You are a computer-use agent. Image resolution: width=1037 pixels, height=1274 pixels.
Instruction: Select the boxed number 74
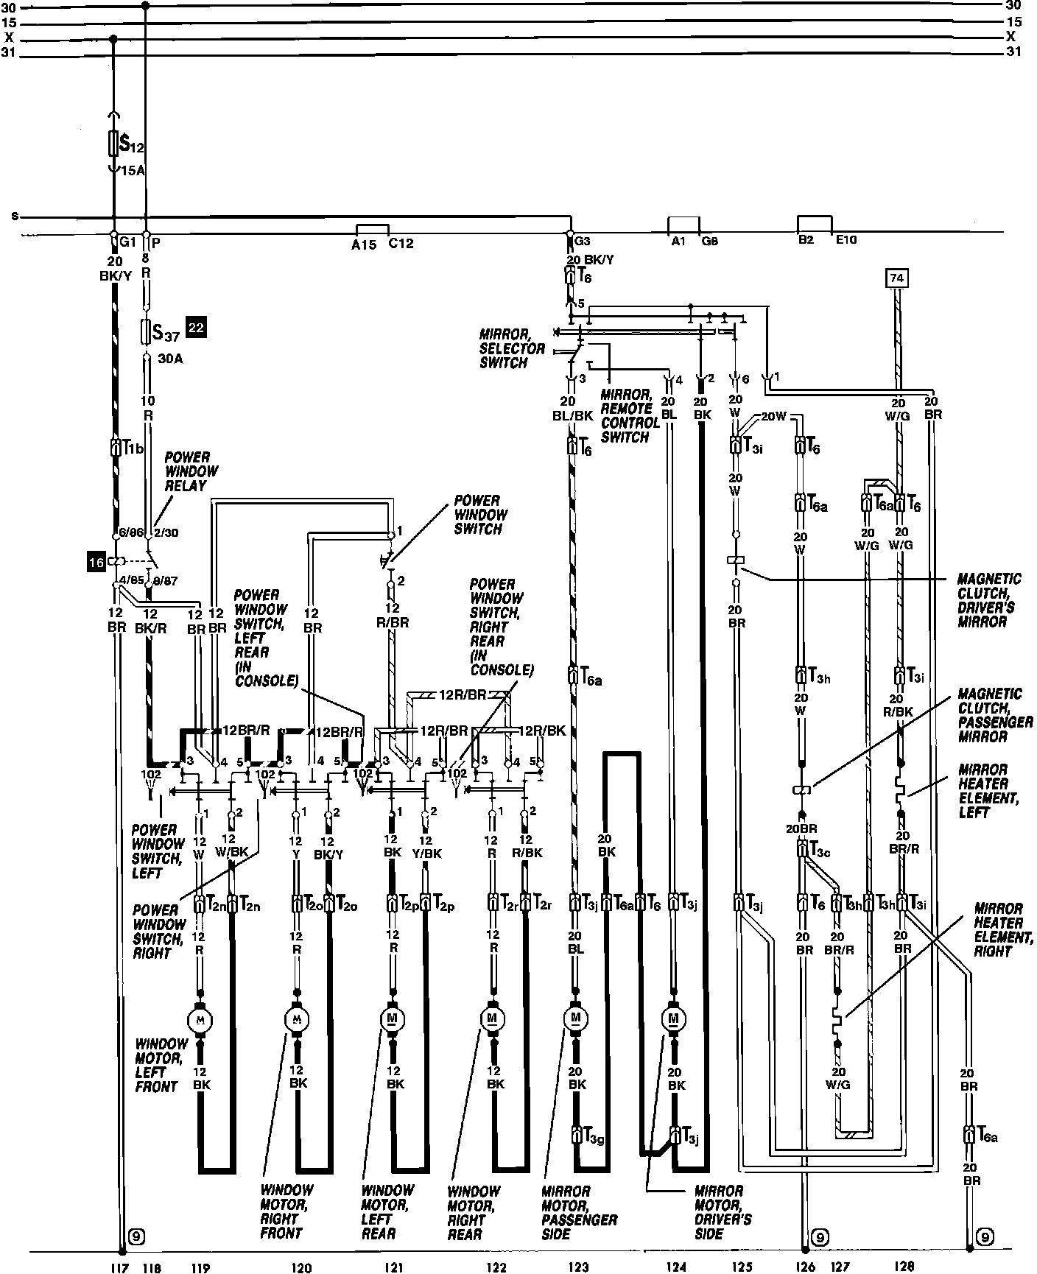(x=896, y=278)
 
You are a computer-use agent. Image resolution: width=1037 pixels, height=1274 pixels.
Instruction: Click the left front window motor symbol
(x=200, y=1019)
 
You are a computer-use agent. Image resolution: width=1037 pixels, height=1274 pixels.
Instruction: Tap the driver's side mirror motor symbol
(x=673, y=1019)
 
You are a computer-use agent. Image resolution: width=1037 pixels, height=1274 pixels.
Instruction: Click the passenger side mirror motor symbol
(x=576, y=1019)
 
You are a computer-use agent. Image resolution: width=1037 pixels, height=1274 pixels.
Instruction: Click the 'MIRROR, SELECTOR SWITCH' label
(x=513, y=348)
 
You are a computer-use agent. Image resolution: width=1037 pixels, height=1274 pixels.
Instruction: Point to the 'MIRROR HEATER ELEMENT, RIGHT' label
(x=1000, y=929)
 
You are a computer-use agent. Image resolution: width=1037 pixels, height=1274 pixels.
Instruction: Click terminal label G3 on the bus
(x=582, y=241)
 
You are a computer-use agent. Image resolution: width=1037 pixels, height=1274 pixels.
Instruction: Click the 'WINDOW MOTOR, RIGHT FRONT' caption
(x=287, y=1211)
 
